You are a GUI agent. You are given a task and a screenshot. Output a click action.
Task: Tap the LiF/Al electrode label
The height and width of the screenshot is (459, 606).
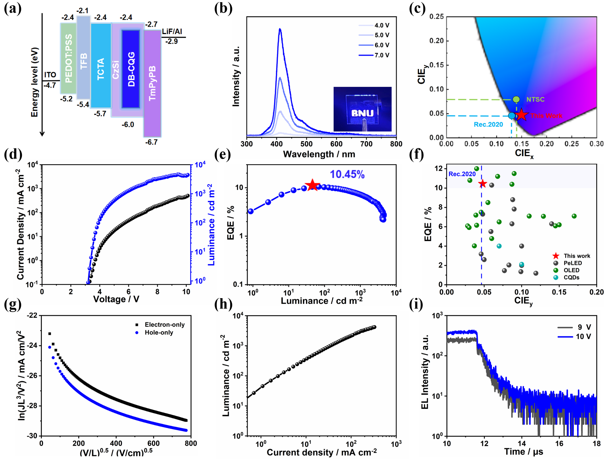click(x=172, y=31)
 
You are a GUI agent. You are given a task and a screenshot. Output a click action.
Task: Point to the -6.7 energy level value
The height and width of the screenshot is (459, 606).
click(x=151, y=142)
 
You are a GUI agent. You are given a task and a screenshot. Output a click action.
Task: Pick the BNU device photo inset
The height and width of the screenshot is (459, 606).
click(x=362, y=109)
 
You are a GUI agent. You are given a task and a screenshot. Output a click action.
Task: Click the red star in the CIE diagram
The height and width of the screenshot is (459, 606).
click(x=521, y=115)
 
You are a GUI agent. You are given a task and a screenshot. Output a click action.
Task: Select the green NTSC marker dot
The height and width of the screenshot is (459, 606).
click(x=516, y=99)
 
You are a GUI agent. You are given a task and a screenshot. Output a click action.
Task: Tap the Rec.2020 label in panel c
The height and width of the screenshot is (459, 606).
click(x=488, y=124)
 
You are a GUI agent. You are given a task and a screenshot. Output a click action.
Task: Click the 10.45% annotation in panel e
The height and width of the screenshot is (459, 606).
click(x=347, y=174)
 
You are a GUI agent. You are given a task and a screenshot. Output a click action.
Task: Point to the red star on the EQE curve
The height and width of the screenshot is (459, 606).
click(x=312, y=185)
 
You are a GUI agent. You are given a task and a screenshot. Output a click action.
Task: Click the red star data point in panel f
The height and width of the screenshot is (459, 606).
click(x=482, y=184)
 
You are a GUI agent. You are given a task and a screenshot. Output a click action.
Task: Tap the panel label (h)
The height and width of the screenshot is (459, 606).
click(x=223, y=304)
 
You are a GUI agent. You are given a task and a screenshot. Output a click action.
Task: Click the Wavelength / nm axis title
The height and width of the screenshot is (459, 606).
click(x=319, y=154)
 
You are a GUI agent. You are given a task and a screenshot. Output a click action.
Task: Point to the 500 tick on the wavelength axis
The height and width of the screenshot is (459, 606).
click(x=306, y=144)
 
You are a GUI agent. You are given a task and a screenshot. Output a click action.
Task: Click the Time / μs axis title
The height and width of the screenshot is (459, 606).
click(x=524, y=452)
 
